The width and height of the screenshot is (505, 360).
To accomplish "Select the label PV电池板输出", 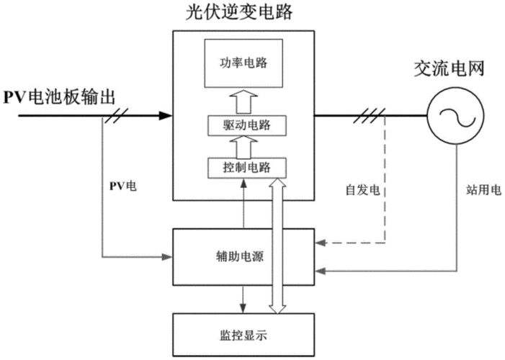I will (x=59, y=97).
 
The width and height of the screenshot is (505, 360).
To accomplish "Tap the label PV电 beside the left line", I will (x=122, y=186).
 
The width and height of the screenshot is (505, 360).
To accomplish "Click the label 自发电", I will (x=358, y=191).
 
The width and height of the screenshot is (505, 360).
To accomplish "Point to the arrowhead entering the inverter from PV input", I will (x=166, y=114).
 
